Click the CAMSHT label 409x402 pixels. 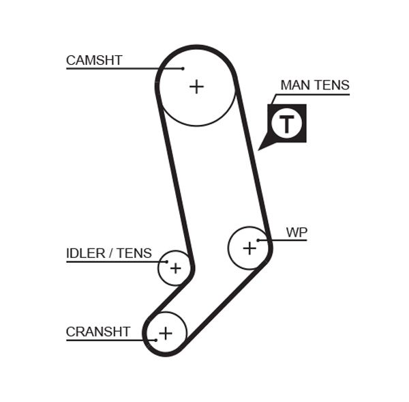click(94, 60)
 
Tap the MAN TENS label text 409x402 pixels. click(314, 85)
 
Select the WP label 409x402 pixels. click(297, 232)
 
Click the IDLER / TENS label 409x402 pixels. click(109, 253)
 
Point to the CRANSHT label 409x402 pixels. click(97, 332)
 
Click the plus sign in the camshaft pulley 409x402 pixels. click(196, 87)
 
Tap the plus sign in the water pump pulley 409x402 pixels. click(249, 248)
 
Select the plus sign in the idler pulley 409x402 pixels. click(175, 268)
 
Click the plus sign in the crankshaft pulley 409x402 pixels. click(165, 333)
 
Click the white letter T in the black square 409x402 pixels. click(287, 124)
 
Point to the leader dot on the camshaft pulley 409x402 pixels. click(183, 68)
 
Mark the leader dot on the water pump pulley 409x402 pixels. click(259, 240)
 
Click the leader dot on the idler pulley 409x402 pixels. click(165, 261)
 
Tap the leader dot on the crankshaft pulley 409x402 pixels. click(155, 339)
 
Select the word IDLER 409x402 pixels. click(85, 253)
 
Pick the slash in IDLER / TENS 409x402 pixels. click(110, 253)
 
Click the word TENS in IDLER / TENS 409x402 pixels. click(134, 253)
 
